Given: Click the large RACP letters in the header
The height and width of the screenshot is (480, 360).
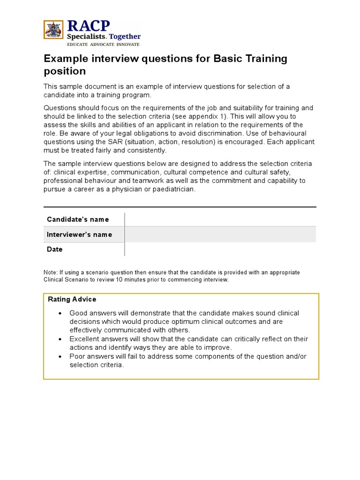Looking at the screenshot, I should tap(89, 25).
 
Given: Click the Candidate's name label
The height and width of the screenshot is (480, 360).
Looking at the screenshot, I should tap(78, 219).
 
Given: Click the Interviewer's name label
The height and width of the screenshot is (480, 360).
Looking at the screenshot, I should tap(79, 234).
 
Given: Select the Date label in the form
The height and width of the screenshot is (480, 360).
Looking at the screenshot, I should tap(54, 249).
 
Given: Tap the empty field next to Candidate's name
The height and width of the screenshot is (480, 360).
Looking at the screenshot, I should tap(220, 219).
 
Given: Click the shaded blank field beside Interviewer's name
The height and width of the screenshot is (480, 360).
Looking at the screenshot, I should tap(220, 234).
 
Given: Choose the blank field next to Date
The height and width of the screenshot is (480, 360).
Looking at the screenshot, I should tap(220, 249).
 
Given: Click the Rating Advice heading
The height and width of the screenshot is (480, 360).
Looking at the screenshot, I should tap(72, 299).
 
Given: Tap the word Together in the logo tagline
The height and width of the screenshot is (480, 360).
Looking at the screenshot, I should tap(125, 37).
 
